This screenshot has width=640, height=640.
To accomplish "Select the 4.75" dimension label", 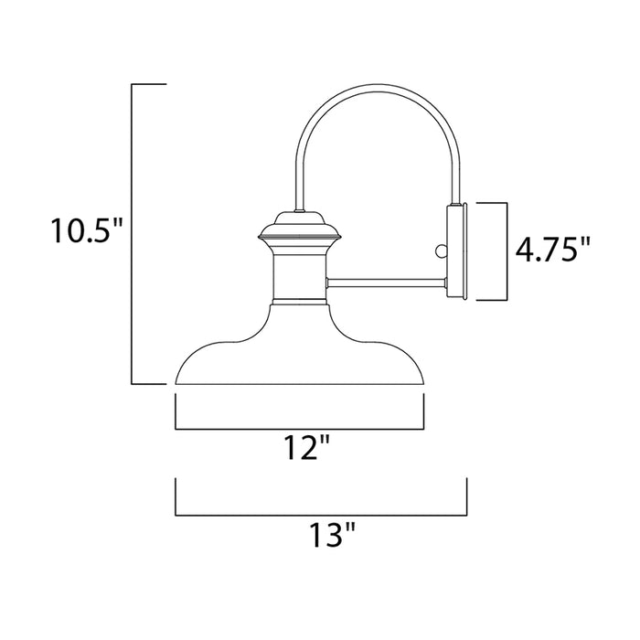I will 553,251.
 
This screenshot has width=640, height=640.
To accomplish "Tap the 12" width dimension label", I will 302,450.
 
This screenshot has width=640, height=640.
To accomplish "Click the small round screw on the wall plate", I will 443,250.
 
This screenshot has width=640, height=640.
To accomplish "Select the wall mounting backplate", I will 456,251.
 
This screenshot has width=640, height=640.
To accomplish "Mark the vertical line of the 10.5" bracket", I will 133,233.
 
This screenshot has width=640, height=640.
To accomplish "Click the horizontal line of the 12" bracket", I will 301,428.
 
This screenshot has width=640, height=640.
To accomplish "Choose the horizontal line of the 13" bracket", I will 321,516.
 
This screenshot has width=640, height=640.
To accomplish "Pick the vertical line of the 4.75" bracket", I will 506,251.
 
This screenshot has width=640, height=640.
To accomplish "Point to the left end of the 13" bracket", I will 176,497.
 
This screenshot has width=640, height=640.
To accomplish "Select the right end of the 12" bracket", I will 427,411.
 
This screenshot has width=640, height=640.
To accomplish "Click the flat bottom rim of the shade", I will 301,382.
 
